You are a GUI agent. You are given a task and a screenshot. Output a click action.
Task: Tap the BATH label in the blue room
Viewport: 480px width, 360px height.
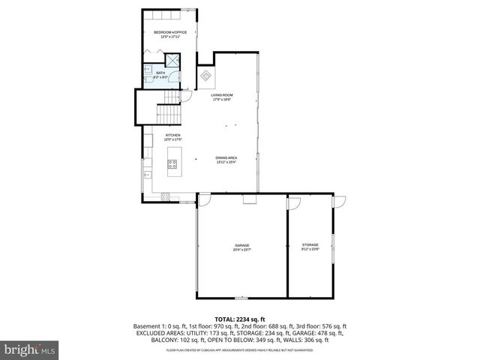pyautogui.click(x=160, y=73)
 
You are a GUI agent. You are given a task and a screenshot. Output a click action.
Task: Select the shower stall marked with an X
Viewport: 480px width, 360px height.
pyautogui.click(x=172, y=61)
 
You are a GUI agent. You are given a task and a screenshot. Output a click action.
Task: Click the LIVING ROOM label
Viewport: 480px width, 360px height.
pyautogui.click(x=222, y=95)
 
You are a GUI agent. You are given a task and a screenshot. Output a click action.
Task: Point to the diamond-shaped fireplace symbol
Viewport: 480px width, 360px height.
pyautogui.click(x=205, y=76)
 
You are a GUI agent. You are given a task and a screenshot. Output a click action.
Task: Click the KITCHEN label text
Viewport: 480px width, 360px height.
pyautogui.click(x=173, y=135)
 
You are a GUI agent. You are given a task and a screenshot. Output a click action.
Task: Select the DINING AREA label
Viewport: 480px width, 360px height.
pyautogui.click(x=226, y=157)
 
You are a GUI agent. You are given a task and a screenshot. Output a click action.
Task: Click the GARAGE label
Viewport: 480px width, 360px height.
pyautogui.click(x=241, y=245)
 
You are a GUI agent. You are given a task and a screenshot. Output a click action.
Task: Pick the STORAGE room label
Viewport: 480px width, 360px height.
pyautogui.click(x=310, y=245)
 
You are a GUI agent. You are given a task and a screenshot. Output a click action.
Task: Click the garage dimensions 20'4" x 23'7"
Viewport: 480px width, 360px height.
pyautogui.click(x=241, y=250)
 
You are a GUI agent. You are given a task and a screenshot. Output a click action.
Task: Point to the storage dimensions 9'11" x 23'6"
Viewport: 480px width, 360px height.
pyautogui.click(x=310, y=250)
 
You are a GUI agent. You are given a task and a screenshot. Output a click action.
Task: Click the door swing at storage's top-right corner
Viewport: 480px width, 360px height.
pyautogui.click(x=340, y=201)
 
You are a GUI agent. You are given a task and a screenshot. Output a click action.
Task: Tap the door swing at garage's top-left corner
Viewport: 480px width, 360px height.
pyautogui.click(x=203, y=200)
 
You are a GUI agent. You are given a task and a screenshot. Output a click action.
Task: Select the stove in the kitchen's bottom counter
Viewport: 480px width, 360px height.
pyautogui.click(x=165, y=197)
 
